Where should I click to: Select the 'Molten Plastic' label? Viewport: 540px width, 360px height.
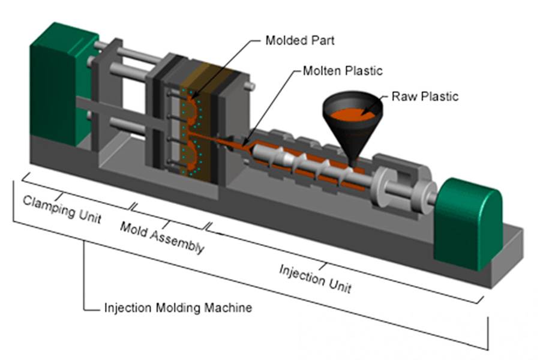(x=342, y=71)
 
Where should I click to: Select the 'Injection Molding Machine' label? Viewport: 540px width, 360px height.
(x=178, y=308)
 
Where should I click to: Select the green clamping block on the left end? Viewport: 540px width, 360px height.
(x=57, y=84)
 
